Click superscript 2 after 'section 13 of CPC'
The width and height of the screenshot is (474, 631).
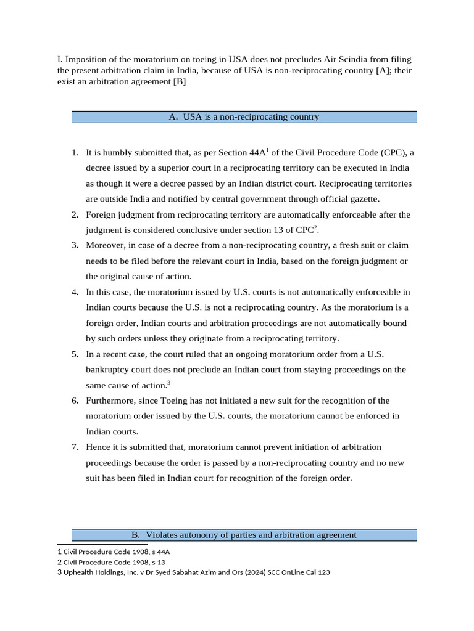pos(316,227)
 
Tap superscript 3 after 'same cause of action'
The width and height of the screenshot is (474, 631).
pos(168,382)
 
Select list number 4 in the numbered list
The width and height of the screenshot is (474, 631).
pos(75,292)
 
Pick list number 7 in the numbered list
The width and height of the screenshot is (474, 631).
pos(75,447)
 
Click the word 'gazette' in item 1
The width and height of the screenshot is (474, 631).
pos(366,199)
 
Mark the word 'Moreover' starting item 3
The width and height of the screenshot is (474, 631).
pos(104,245)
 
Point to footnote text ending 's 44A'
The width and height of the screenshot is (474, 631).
pos(114,552)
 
